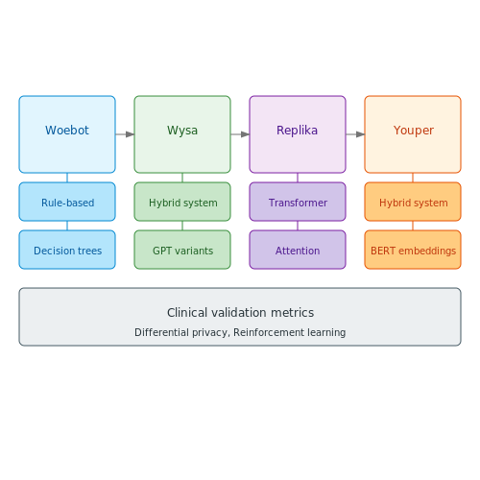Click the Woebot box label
coord(67,131)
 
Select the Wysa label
coord(182,131)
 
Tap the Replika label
coord(298,131)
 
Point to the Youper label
coord(414,131)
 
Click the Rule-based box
coord(67,202)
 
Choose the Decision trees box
coord(67,250)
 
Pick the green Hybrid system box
coord(182,202)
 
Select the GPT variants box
coord(182,250)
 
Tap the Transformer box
coord(298,202)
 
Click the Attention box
coord(298,250)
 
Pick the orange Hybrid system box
coord(413,202)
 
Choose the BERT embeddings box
coord(413,250)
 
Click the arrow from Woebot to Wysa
coord(125,134)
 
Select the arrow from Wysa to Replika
coord(240,134)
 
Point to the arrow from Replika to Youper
coord(355,134)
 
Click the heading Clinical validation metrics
coord(240,313)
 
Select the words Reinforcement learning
coord(290,332)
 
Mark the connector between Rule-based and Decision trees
coord(67,226)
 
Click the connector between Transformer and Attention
coord(298,226)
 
